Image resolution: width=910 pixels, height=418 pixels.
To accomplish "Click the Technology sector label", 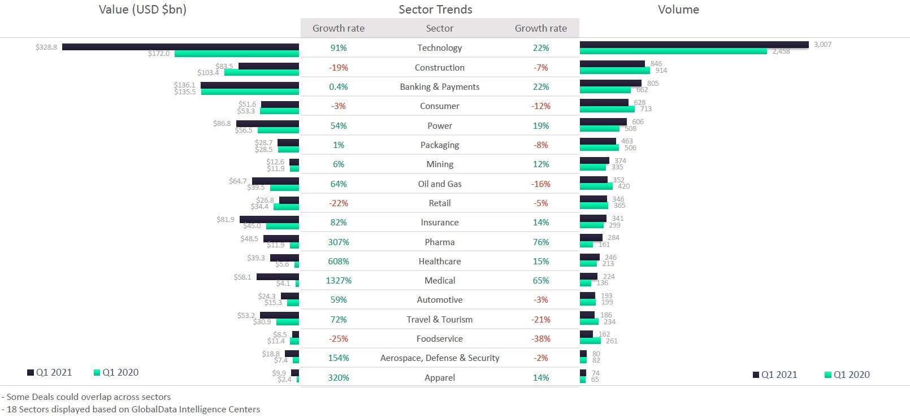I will tap(439, 48).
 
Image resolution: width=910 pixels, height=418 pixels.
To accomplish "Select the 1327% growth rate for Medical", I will tap(339, 281).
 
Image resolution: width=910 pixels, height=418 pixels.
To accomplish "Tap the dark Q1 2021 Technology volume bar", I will tap(694, 45).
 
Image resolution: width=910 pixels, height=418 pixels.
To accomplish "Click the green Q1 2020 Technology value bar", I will tap(236, 54).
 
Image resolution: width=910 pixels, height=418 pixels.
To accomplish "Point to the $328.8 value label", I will tap(46, 47).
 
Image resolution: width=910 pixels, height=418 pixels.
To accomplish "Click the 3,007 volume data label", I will tap(822, 45).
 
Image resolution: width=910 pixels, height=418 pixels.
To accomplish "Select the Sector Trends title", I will tap(435, 10).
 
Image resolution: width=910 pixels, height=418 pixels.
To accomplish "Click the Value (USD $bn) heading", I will tap(142, 10).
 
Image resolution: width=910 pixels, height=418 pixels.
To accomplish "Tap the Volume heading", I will tap(678, 10).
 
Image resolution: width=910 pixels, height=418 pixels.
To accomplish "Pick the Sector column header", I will tap(439, 28).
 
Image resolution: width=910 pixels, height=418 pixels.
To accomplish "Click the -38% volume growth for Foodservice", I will tap(541, 339).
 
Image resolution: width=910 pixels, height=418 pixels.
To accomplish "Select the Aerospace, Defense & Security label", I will tap(439, 358).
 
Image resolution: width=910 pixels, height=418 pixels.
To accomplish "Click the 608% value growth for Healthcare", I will tap(339, 262).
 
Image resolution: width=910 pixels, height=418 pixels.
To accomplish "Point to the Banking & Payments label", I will tap(439, 87).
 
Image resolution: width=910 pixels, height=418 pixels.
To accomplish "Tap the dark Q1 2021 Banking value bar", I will tap(249, 85).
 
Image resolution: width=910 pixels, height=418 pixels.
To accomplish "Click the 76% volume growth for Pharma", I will tap(541, 242).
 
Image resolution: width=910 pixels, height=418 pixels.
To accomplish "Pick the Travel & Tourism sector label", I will tap(439, 320).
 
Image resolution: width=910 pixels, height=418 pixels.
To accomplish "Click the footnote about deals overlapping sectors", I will tap(86, 397).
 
